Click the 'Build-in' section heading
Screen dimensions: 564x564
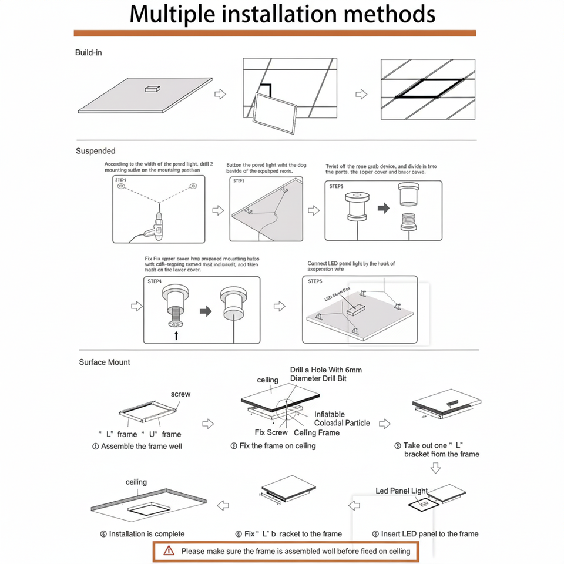(x=89, y=53)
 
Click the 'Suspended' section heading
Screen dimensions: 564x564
(x=96, y=151)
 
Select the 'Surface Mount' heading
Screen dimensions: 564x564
(x=105, y=362)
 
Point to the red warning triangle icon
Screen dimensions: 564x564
(x=169, y=550)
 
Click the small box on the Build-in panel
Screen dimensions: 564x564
(x=152, y=89)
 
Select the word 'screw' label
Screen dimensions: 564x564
(x=180, y=394)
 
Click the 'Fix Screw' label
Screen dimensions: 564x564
(x=271, y=432)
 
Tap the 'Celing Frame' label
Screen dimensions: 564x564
(x=317, y=432)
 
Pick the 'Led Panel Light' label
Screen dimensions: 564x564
(x=402, y=491)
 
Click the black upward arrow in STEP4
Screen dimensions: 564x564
(x=176, y=335)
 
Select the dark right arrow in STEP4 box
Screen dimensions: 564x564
(x=205, y=311)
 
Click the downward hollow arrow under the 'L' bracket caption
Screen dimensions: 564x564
(x=435, y=468)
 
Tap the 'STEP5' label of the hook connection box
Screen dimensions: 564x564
(x=315, y=281)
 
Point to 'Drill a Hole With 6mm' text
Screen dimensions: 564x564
(x=326, y=370)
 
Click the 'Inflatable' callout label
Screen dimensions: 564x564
(x=330, y=414)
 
